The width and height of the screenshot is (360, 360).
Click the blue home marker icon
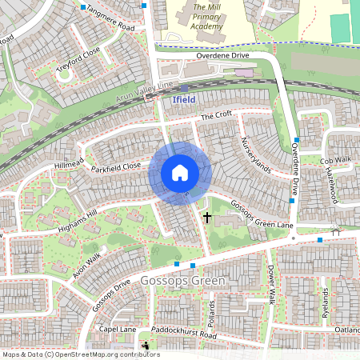180,172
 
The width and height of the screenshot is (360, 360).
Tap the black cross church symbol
207,217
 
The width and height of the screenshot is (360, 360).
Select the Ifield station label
183,100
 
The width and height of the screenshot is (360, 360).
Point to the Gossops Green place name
182,282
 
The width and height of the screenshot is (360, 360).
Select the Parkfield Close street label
115,167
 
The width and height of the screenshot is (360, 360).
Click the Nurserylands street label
257,155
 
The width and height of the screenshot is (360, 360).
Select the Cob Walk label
335,160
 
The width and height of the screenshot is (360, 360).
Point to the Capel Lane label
117,329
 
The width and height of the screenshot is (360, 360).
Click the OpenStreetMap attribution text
80,354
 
